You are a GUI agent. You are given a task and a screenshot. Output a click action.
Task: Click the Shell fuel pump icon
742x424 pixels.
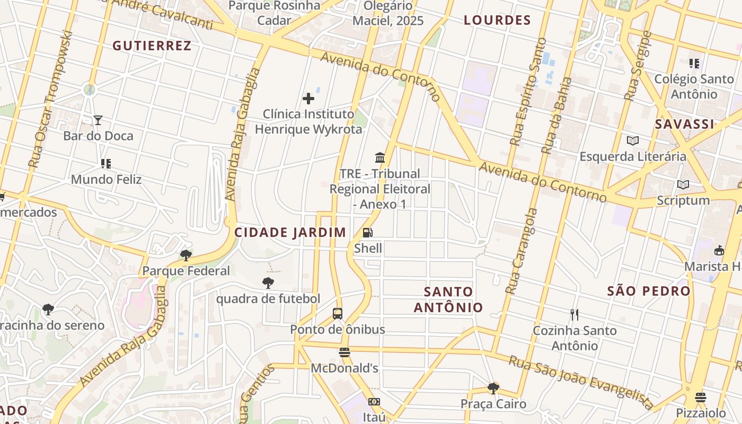point(367,232)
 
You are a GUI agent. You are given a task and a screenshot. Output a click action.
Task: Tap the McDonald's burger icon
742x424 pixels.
point(344,352)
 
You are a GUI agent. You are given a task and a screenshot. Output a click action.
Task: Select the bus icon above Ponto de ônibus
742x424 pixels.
point(338,313)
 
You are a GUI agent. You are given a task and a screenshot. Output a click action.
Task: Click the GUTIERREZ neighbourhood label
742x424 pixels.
point(152,46)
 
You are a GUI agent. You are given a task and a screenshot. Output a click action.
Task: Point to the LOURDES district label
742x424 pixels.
point(497,20)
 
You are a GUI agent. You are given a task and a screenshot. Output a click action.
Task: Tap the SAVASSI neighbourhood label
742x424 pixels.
point(684,124)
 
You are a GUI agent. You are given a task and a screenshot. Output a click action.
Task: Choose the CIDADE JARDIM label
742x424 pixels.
point(290,232)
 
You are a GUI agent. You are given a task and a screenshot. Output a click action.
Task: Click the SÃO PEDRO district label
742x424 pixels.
point(649,290)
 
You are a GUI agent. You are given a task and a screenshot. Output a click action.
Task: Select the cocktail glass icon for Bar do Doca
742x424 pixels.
point(98,120)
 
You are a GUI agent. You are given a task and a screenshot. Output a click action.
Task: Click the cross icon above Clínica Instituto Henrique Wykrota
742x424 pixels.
point(308,99)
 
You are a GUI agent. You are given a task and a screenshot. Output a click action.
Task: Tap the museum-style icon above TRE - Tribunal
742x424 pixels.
point(380,157)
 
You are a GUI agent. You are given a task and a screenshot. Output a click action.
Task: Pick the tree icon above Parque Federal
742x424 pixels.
point(185,255)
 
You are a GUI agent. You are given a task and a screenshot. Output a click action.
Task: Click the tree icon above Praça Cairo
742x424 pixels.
point(493,388)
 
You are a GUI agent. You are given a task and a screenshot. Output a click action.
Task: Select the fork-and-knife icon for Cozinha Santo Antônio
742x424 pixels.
point(575,315)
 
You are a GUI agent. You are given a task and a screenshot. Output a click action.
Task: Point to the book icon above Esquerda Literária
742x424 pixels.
point(632,141)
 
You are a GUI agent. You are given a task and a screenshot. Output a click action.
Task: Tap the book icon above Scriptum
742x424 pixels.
point(683,184)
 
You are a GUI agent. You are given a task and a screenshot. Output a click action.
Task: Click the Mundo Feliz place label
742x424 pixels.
point(106,179)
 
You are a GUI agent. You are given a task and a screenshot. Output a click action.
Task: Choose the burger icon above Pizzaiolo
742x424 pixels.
point(701,397)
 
